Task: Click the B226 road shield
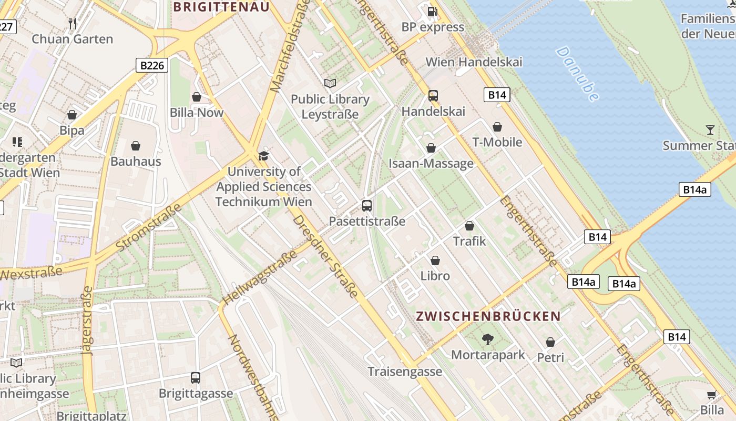(x=152, y=65)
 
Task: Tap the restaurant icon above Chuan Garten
(x=73, y=23)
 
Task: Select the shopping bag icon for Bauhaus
(x=136, y=146)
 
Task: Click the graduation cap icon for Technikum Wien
(x=263, y=156)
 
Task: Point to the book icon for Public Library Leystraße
(x=330, y=83)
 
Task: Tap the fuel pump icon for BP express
(x=432, y=11)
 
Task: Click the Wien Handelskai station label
(x=474, y=62)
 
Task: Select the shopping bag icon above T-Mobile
(x=497, y=127)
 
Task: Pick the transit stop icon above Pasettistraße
(x=367, y=206)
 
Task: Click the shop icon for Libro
(x=435, y=260)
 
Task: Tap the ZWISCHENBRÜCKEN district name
(x=488, y=316)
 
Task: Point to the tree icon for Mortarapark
(x=488, y=339)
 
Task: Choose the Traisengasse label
(x=405, y=372)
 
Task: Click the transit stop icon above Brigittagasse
(x=196, y=378)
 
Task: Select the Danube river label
(x=577, y=74)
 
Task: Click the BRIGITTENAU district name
(x=221, y=7)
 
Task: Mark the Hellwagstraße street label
(x=259, y=278)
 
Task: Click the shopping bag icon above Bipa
(x=72, y=115)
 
